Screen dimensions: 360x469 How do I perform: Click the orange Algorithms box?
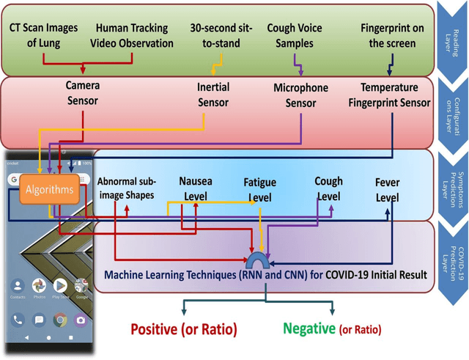(x=50, y=190)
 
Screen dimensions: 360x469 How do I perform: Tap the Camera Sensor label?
(x=82, y=92)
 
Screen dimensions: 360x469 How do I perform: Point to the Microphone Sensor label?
(x=300, y=96)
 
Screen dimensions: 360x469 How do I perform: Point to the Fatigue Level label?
(x=260, y=190)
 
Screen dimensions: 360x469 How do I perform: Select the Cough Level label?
(x=328, y=188)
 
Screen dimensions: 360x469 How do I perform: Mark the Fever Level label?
(x=388, y=188)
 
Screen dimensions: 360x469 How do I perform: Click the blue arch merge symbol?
(x=259, y=262)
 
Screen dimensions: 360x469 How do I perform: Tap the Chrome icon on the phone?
(x=59, y=320)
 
